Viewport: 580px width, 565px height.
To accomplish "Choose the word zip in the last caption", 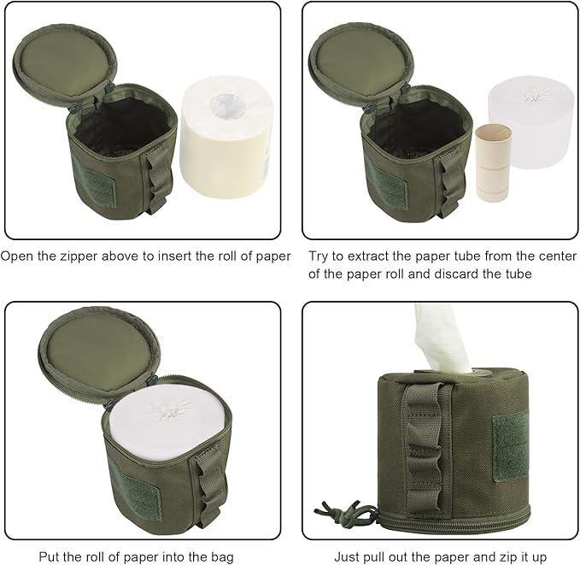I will pos(515,554).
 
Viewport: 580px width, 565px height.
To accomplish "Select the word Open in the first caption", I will pos(19,256).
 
